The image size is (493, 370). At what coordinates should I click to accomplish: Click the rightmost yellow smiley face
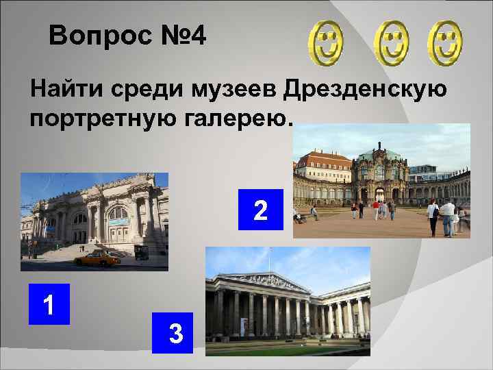446,42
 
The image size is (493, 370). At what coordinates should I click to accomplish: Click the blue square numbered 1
49,304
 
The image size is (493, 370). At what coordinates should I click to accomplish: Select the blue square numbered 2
260,210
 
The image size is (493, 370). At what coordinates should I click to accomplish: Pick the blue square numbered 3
175,333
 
